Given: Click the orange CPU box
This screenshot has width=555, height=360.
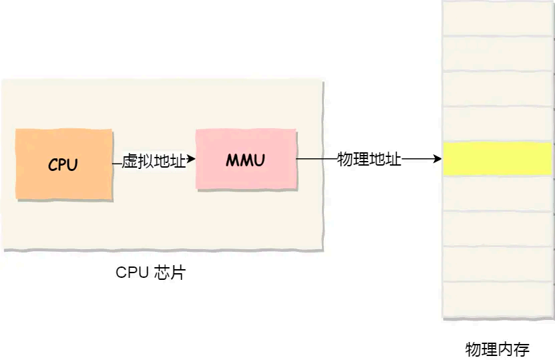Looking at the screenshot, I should click(x=63, y=164).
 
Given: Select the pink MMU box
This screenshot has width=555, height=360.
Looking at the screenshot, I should click(x=245, y=160).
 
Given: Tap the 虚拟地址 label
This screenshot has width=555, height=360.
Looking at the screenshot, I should click(x=154, y=161).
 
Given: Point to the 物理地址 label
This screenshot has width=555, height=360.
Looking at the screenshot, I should click(x=369, y=159).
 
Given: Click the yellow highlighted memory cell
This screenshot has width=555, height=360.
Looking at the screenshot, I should click(x=498, y=159).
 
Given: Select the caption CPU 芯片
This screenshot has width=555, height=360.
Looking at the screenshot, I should click(x=150, y=273).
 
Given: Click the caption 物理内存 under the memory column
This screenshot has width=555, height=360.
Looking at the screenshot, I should click(x=497, y=349).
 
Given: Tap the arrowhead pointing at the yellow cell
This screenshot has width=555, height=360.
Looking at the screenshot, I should click(x=437, y=159).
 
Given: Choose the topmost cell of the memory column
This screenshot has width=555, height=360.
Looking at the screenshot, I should click(x=498, y=18).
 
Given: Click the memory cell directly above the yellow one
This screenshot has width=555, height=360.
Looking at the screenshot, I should click(x=498, y=124).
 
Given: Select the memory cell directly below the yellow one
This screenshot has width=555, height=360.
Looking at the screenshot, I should click(x=498, y=194).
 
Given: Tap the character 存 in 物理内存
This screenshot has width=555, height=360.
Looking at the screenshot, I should click(x=521, y=349).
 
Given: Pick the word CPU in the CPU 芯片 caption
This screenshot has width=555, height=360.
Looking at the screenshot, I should click(x=130, y=273).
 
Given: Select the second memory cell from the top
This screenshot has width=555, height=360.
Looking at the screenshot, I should click(x=498, y=53).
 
